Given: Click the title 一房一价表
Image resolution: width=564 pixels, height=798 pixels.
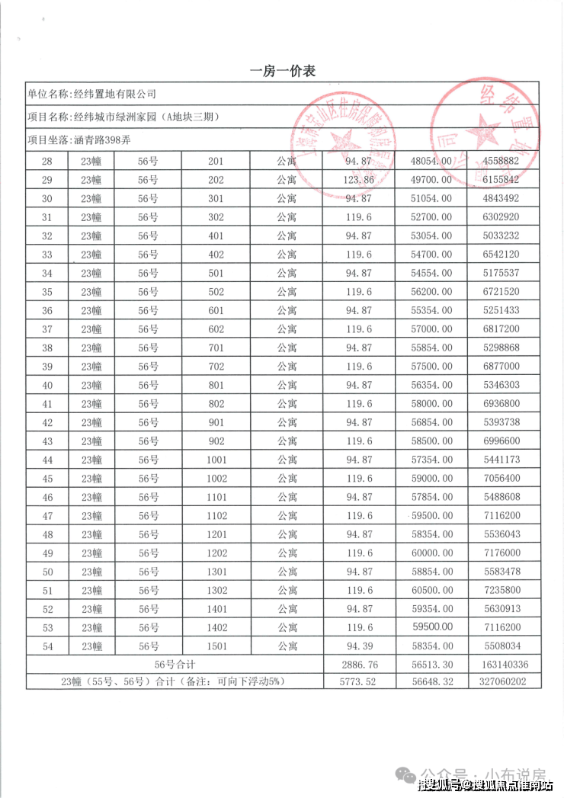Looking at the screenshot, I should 282,71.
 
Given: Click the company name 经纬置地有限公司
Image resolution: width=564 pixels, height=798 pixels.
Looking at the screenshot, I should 114,94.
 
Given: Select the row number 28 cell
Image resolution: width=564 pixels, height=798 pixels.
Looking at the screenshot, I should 47,162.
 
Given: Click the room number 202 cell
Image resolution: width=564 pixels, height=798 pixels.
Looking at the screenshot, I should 216,180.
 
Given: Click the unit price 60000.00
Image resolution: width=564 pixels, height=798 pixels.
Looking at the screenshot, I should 431,553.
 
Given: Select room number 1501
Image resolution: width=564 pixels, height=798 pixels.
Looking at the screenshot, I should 216,646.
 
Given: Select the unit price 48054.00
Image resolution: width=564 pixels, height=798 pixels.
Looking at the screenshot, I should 431,162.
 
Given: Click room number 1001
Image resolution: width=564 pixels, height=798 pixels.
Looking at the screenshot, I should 216,460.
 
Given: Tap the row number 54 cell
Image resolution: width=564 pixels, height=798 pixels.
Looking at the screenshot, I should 47,646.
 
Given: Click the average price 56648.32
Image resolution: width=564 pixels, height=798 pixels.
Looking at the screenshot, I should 431,682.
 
